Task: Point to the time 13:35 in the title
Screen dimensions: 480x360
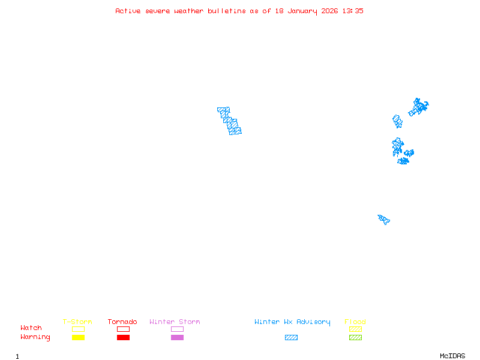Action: [353, 11]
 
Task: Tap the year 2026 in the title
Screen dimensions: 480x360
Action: [330, 11]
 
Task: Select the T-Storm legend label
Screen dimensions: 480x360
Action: [77, 322]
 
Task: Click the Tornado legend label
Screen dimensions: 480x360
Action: [122, 322]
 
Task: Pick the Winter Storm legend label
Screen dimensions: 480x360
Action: [175, 322]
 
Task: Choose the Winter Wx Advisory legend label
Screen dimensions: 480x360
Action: [292, 322]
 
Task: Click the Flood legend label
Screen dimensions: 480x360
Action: [355, 322]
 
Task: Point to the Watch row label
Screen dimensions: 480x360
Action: [31, 328]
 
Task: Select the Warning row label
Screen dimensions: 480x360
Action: [35, 337]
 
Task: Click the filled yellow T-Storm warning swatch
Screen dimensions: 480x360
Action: [78, 337]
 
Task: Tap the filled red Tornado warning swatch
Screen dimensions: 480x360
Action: [123, 337]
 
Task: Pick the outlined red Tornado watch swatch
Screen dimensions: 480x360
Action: [123, 329]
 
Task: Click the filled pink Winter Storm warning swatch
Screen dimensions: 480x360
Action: [177, 337]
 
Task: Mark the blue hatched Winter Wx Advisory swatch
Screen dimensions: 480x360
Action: [291, 337]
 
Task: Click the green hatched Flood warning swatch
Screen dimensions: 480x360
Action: [355, 337]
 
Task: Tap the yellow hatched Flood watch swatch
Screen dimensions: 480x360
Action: [355, 329]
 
